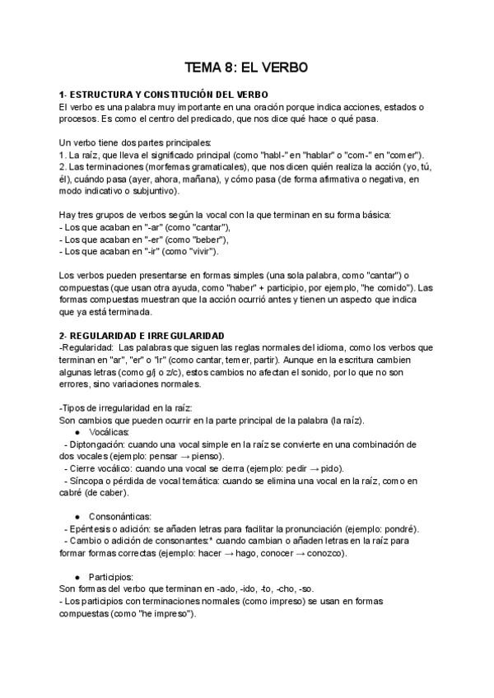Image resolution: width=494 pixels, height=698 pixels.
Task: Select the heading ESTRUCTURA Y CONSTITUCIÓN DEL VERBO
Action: coord(170,96)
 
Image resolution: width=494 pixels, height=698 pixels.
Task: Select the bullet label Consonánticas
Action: coord(119,515)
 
